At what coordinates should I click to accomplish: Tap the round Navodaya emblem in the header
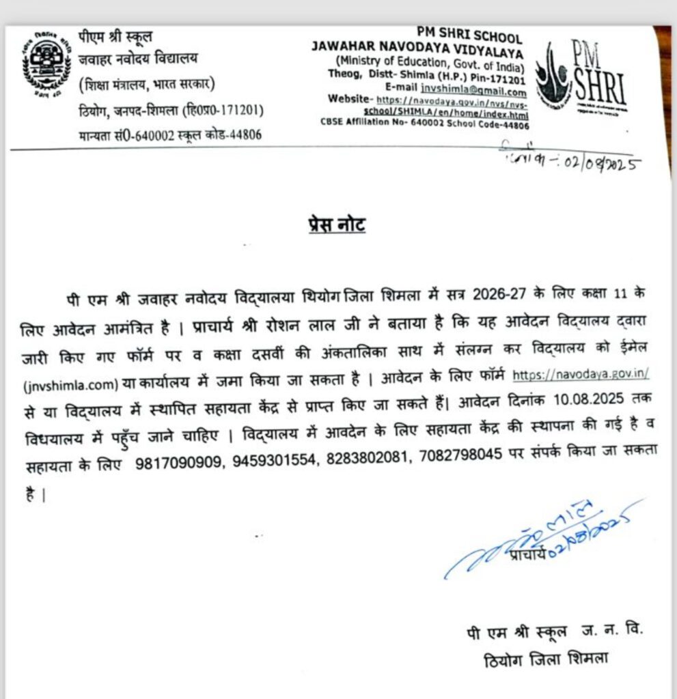click(x=46, y=68)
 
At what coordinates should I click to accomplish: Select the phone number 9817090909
click(x=179, y=463)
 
